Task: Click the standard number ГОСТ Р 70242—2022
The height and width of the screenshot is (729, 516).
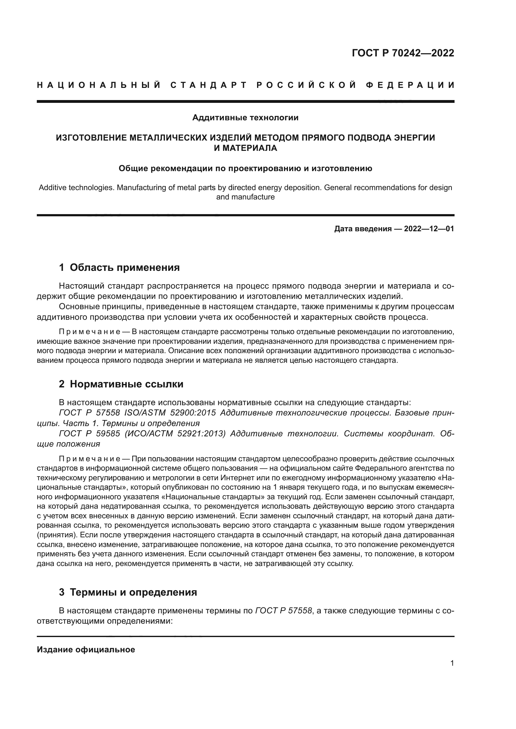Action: point(403,53)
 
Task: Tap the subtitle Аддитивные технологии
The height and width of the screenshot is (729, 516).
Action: point(245,118)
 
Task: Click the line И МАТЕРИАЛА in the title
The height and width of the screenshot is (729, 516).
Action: point(245,148)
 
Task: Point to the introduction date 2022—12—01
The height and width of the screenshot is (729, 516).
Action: point(429,228)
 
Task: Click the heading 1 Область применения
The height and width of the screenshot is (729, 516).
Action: point(119,268)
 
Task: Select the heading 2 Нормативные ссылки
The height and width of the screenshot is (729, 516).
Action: point(121,384)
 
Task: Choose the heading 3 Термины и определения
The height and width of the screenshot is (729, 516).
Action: point(128,592)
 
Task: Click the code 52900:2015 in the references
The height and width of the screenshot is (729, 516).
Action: point(193,413)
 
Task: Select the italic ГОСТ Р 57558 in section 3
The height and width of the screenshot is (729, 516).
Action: point(284,611)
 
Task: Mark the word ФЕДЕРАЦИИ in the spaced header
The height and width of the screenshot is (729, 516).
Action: point(410,85)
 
